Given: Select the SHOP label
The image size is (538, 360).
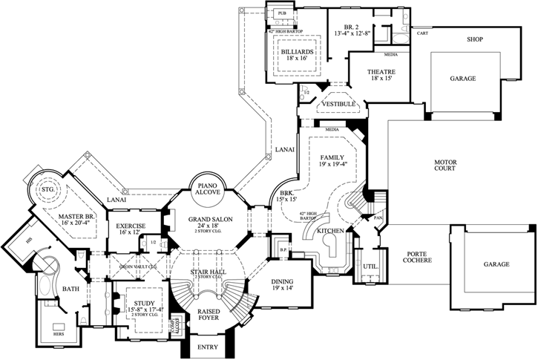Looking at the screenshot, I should [475, 39].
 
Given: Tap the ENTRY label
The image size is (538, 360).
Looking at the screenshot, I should [212, 348].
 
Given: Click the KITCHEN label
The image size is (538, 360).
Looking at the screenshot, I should [330, 232].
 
